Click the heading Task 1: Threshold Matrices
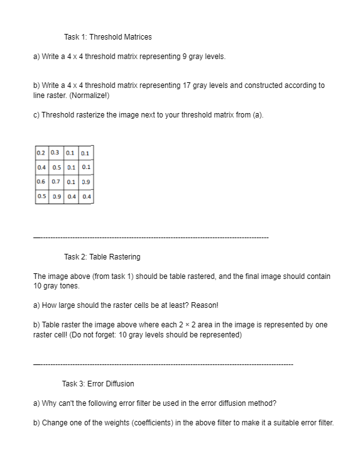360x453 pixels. click(x=107, y=37)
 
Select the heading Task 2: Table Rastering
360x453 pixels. click(x=102, y=256)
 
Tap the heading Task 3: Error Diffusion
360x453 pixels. click(x=98, y=383)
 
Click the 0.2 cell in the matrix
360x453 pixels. click(x=41, y=153)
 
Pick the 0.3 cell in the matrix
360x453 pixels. click(x=55, y=153)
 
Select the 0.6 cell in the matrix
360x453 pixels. click(x=41, y=182)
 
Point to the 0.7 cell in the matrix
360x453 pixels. click(x=55, y=182)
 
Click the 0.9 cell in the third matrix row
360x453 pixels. click(x=85, y=182)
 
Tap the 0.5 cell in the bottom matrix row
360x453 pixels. click(x=41, y=197)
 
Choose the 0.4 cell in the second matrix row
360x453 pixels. click(x=41, y=167)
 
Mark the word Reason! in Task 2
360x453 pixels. click(x=202, y=305)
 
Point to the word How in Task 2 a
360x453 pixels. click(x=49, y=305)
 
